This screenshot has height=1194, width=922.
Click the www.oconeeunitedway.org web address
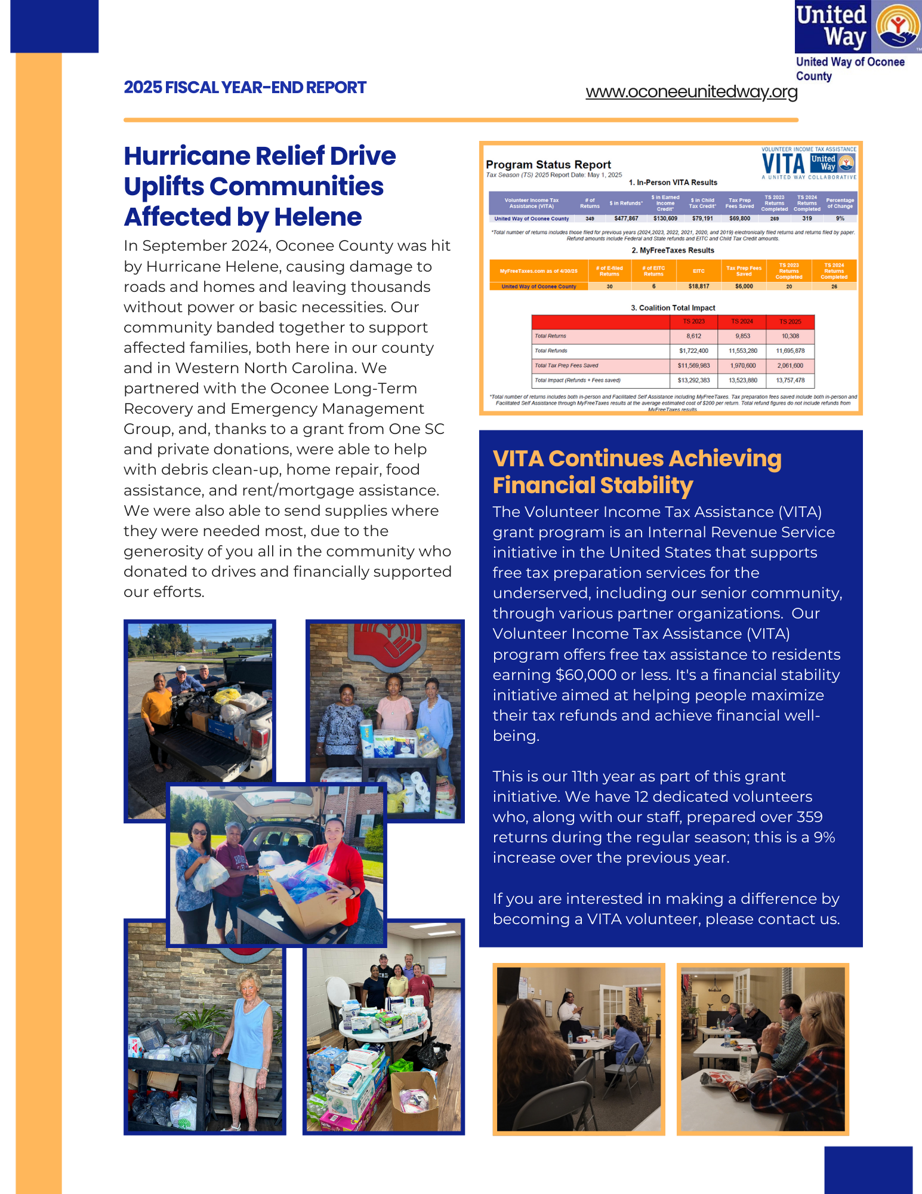coord(691,92)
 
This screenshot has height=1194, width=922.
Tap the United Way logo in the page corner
coord(858,27)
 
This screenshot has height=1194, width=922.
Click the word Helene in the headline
coord(318,217)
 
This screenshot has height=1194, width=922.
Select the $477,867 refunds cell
coord(626,219)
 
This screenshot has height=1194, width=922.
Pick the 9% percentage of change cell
coord(840,219)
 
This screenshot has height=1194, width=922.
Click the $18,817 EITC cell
coord(699,287)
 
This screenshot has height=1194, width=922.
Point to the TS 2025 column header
coord(790,322)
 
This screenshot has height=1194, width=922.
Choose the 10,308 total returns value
coord(790,336)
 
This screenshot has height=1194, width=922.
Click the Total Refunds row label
coord(551,351)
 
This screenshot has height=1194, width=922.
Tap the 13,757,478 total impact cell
coord(790,380)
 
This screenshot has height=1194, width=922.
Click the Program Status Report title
coord(548,165)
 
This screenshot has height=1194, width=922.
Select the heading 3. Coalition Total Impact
coord(673,308)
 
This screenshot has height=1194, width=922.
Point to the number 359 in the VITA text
coord(809,817)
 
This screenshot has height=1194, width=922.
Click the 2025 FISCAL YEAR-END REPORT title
coord(245,88)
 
